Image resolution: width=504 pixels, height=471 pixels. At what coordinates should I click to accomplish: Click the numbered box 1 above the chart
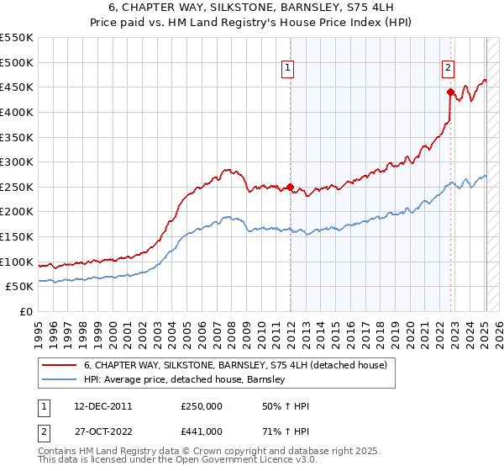pos(288,69)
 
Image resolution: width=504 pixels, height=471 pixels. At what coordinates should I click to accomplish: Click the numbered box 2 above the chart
pos(449,69)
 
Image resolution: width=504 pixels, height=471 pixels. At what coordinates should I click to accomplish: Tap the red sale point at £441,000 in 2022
pos(451,92)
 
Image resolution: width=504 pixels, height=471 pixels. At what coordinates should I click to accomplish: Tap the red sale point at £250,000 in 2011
pos(291,187)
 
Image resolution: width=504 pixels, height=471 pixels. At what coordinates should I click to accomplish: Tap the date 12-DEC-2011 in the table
pos(97,406)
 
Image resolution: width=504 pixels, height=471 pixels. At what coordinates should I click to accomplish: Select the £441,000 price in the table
pos(202,431)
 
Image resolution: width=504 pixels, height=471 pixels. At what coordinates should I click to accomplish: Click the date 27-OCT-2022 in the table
pos(97,431)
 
